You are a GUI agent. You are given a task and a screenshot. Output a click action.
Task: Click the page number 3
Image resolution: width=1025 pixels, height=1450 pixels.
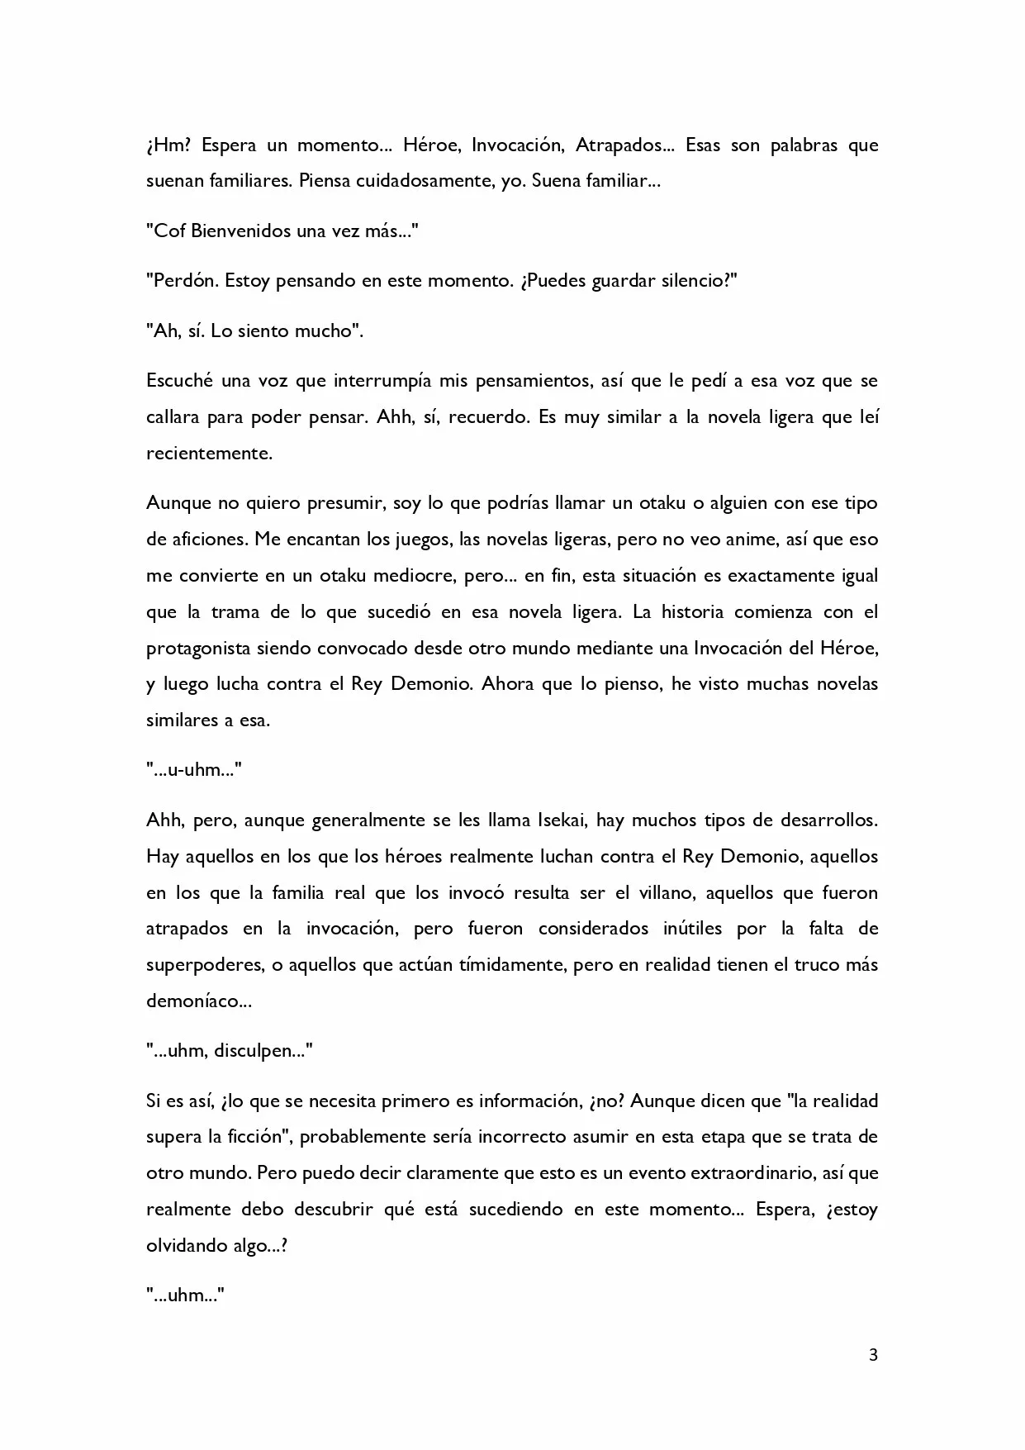[x=874, y=1355]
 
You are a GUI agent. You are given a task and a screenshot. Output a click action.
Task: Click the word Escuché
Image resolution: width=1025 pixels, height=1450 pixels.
[x=179, y=382]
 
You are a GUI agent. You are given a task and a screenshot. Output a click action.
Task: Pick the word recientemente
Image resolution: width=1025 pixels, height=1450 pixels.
[x=209, y=454]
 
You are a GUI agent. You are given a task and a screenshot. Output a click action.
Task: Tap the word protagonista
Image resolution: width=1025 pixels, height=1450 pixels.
[x=197, y=649]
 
